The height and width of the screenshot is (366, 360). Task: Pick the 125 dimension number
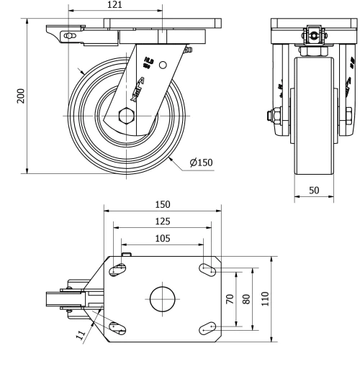161,221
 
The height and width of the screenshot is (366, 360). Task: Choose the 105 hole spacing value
161,238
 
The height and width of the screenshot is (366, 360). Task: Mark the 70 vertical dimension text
230,298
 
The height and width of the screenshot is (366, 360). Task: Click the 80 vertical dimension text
247,298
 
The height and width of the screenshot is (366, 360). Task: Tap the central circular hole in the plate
162,298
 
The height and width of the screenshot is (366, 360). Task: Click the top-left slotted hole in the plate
118,270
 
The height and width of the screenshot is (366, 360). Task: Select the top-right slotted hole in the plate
208,270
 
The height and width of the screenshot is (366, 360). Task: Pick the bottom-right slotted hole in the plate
208,327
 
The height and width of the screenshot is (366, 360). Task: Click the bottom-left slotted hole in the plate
118,327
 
